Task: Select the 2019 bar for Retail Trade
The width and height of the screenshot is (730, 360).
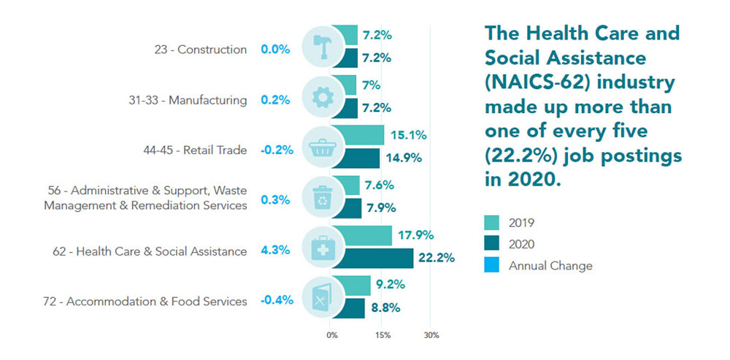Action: (364, 135)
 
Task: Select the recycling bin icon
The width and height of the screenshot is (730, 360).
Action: (321, 198)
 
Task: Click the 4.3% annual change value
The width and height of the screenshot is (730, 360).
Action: (275, 250)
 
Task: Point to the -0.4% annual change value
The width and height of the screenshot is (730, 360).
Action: (277, 300)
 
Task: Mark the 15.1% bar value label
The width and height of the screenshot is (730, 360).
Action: (410, 135)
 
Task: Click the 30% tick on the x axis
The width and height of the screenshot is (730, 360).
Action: (431, 335)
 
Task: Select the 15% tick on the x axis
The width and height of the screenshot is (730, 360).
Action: (382, 335)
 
